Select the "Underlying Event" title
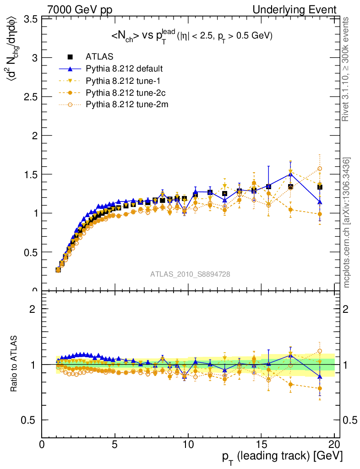[299, 10]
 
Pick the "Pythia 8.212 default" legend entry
[124, 69]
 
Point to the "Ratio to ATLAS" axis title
[15, 364]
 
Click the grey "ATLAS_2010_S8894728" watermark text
[190, 274]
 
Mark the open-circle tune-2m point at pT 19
[320, 169]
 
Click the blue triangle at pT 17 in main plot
[290, 174]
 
